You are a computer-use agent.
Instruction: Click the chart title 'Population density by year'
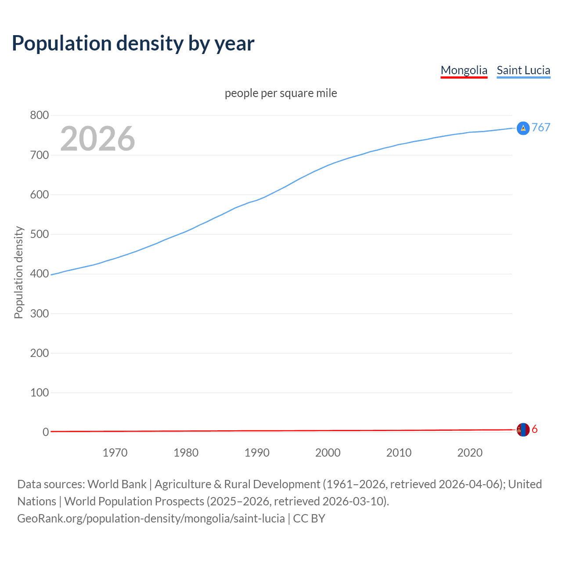tap(133, 43)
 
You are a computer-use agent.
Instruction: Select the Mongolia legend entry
tap(464, 70)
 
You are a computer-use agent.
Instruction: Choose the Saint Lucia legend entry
tap(523, 70)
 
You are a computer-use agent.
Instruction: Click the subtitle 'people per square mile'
tap(281, 93)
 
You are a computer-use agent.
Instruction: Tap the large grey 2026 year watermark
tap(97, 139)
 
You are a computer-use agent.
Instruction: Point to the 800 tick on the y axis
tap(39, 115)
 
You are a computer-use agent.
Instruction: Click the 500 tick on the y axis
tap(39, 234)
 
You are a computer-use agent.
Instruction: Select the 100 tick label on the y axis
tap(39, 393)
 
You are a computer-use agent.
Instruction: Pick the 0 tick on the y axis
tap(45, 432)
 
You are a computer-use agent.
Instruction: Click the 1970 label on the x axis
tap(115, 453)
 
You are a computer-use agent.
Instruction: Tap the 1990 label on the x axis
tap(257, 453)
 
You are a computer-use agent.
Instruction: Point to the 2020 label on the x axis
tap(470, 453)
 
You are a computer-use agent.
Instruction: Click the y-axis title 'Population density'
tap(18, 272)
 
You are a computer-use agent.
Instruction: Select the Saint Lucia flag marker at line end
tap(523, 128)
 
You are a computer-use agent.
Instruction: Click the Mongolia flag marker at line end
tap(523, 430)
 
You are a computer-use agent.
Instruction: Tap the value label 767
tap(541, 127)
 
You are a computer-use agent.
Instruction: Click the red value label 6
tap(535, 429)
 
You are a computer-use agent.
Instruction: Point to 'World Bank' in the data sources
tap(117, 484)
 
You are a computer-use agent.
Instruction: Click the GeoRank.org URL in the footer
tap(151, 519)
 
